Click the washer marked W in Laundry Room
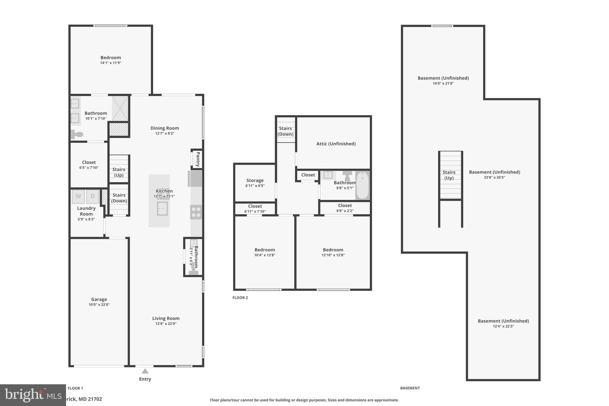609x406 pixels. point(78,196)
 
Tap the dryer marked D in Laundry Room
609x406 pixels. point(92,196)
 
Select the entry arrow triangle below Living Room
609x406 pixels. point(145,371)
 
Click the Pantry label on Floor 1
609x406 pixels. point(198,159)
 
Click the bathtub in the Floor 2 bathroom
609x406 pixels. point(362,185)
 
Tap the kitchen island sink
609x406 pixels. point(162,209)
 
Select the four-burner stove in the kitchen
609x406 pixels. point(196,212)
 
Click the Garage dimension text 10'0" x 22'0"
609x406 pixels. point(99,305)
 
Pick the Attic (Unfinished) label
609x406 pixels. point(336,144)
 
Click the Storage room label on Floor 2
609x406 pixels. point(255,180)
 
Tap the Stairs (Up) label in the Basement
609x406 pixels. point(449,175)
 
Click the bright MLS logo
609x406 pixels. point(33,395)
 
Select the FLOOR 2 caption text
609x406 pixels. point(240,298)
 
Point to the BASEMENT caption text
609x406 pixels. point(410,388)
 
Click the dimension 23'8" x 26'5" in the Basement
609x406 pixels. point(494,178)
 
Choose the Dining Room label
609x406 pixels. point(164,128)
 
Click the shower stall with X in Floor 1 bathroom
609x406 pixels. point(120,109)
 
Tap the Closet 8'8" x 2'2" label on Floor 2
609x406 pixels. point(345,206)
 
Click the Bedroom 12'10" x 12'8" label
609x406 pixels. point(333,250)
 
